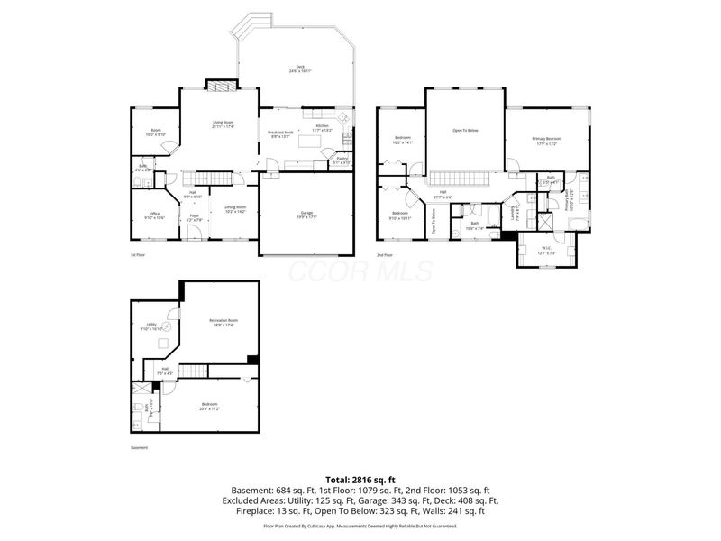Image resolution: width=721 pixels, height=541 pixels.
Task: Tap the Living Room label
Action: coord(223,124)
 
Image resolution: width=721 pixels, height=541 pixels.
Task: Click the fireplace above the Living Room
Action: coord(221,87)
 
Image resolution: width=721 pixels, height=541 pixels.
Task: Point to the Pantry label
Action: coord(342,160)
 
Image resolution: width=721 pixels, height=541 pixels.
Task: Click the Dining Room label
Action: coord(235,209)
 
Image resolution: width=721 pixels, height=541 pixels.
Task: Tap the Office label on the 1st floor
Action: coord(155,215)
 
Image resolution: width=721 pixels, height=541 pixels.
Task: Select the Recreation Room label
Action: coord(223,322)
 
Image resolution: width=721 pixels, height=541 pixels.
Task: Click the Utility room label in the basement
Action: coord(151,327)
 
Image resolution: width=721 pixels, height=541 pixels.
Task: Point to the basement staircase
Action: coord(193,372)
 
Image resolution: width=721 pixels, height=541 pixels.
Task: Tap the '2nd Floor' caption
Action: coord(384,255)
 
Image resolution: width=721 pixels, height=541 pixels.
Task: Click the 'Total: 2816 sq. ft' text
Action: coord(360,480)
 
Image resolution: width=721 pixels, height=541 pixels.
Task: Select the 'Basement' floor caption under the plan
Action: coord(138,448)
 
